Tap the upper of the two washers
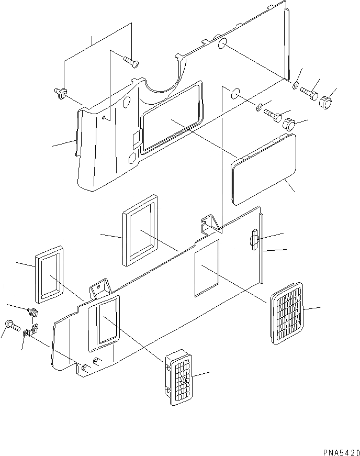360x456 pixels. [x=296, y=85]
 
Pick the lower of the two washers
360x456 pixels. [x=260, y=108]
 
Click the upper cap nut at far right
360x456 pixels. [x=326, y=101]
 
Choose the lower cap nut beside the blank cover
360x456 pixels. [x=289, y=125]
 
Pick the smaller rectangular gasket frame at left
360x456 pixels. [x=50, y=276]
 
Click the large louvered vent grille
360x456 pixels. [x=287, y=313]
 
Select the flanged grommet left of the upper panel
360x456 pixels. [x=62, y=94]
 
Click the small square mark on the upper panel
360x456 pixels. [x=135, y=138]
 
